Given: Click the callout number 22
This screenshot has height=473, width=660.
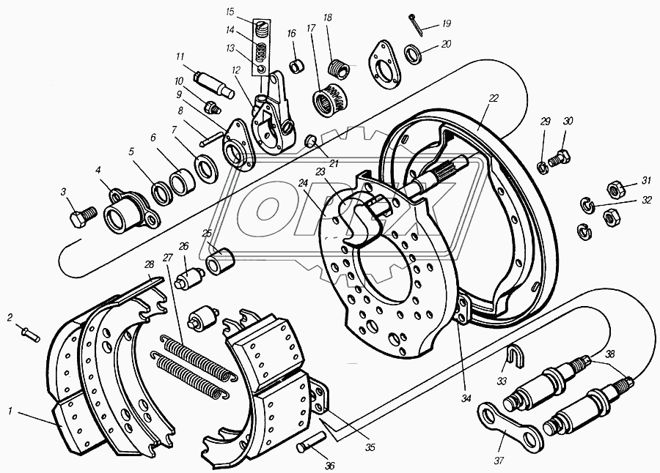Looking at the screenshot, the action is point(494,98).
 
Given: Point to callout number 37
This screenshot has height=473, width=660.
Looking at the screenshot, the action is point(499,461).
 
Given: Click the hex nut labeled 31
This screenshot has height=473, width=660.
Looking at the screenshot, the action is point(615,189).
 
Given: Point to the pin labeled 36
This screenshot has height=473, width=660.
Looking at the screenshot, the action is point(310,442).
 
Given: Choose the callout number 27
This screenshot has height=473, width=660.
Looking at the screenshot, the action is point(167,257).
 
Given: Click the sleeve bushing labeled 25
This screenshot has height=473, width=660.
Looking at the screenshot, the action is point(219,261).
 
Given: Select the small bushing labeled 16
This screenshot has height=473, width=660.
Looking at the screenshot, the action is point(297,66).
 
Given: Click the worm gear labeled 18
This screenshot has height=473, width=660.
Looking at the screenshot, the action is point(339,69).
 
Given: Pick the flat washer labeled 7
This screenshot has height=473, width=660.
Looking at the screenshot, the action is point(207,168).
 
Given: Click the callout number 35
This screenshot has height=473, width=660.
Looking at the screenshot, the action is point(370,447).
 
